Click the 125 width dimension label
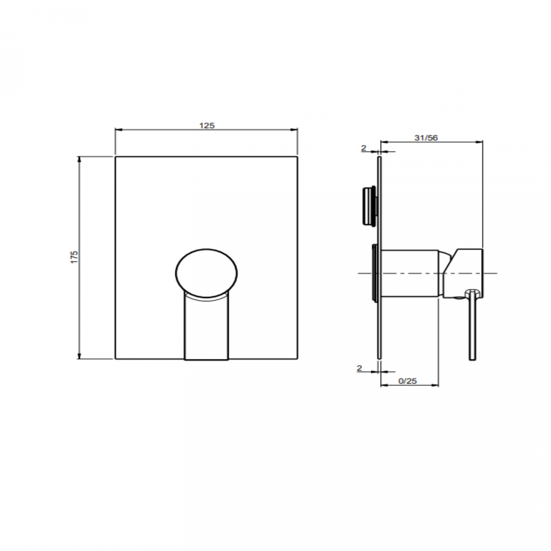coord(207,125)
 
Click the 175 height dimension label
coord(75,257)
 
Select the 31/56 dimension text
coord(426,138)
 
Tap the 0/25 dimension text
coord(408,381)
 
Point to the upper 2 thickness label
coord(364,148)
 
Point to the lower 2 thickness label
coord(359,368)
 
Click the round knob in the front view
coord(206,273)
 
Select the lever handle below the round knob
coord(206,328)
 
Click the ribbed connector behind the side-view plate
coord(369,206)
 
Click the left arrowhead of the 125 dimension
coord(118,130)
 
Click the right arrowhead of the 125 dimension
coord(295,130)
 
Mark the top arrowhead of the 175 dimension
coord(79,159)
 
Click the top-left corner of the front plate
coord(116,157)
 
